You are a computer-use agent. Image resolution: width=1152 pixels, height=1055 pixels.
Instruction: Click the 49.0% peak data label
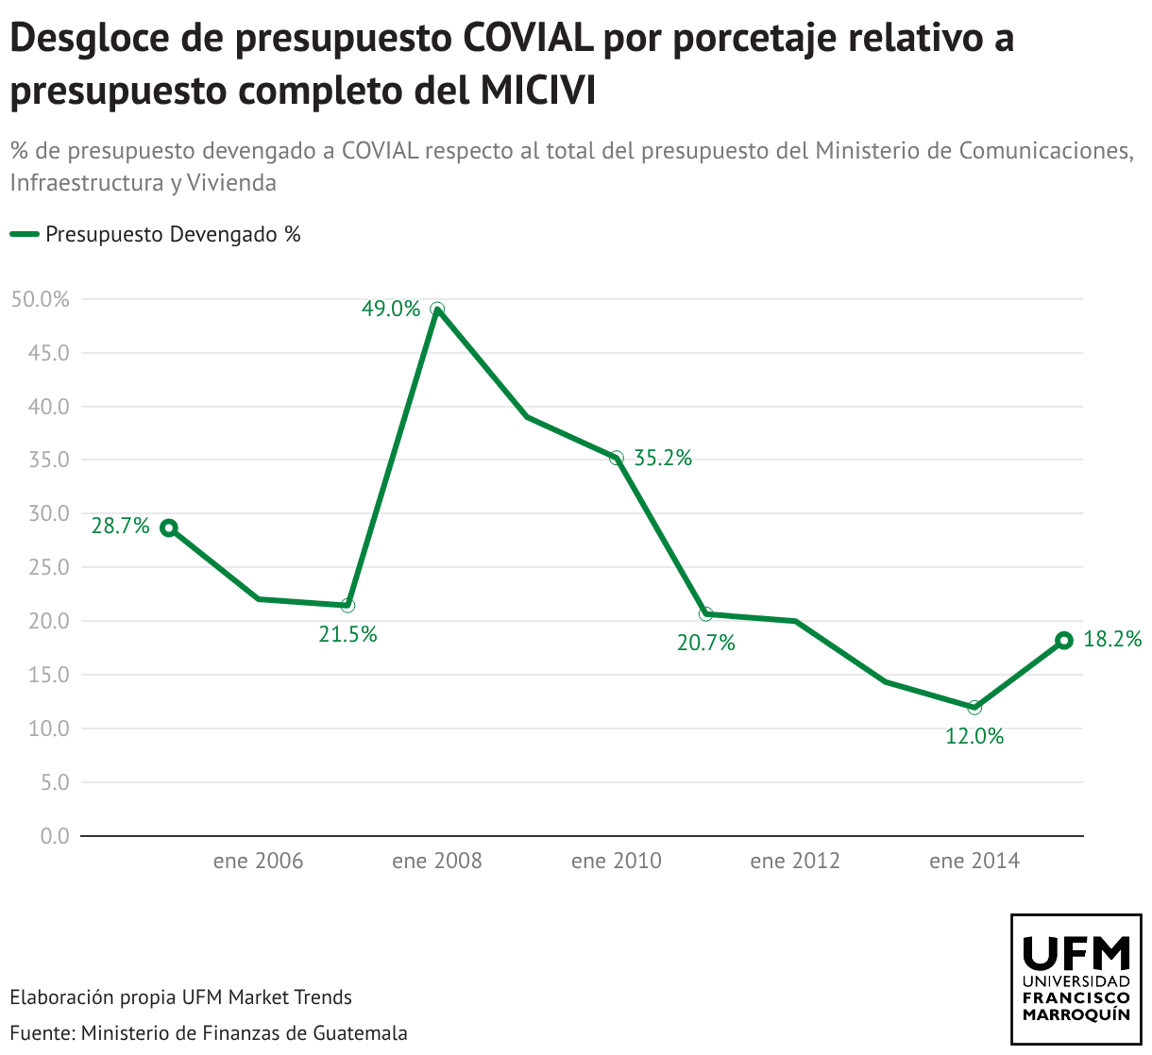[x=390, y=309]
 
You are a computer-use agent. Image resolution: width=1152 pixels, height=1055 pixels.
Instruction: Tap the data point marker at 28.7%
[x=168, y=527]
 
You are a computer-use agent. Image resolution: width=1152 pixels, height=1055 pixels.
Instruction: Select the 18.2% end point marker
[x=1064, y=641]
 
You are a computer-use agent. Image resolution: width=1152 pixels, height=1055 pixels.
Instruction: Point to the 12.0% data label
[x=974, y=737]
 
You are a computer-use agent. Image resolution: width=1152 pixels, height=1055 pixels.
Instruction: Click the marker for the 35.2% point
[x=617, y=458]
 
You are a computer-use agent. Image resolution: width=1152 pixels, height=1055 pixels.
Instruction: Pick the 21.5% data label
[x=347, y=635]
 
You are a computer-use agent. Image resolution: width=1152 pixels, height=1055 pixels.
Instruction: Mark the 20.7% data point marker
[x=706, y=614]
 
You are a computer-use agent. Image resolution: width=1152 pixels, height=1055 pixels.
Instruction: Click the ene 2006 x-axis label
[x=258, y=861]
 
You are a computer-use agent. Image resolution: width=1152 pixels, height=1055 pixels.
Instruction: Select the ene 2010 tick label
[x=617, y=861]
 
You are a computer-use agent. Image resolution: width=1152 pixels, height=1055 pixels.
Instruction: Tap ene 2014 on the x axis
[x=974, y=861]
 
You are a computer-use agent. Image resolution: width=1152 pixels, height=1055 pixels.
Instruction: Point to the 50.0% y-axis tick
[x=40, y=300]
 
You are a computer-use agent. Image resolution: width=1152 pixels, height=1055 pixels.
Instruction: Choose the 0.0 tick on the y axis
[x=55, y=836]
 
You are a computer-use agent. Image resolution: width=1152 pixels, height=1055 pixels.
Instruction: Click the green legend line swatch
[x=25, y=235]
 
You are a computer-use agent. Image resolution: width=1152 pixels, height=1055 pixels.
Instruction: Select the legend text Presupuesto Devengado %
[x=173, y=235]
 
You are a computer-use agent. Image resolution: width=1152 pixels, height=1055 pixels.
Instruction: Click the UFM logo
[x=1076, y=979]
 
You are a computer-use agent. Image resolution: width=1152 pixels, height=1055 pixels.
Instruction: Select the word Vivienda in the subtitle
[x=231, y=182]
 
